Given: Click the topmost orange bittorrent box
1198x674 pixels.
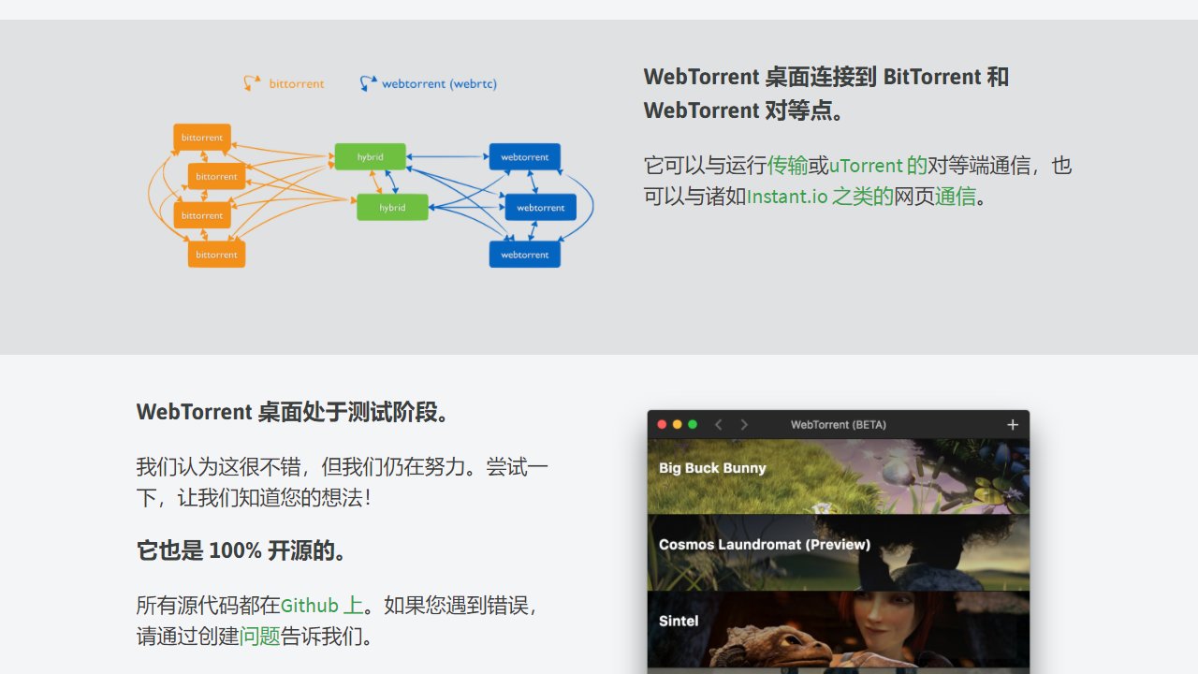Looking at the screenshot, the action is (x=202, y=138).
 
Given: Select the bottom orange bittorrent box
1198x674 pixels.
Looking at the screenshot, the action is (x=216, y=255).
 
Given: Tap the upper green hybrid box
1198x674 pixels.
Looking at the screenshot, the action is (x=370, y=156).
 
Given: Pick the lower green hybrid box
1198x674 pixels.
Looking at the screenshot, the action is (x=392, y=208).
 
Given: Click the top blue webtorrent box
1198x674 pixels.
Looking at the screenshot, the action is (x=525, y=156).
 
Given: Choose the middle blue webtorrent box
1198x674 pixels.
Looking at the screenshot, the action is (x=541, y=208).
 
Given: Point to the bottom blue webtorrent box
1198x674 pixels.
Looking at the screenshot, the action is (x=525, y=255).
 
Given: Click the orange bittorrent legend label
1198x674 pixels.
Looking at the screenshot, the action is (x=297, y=83).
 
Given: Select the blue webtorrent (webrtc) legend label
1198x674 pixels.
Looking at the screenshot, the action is (x=439, y=84).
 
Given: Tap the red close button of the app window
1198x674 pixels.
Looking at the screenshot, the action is (x=662, y=424).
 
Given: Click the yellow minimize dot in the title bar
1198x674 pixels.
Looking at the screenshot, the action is (x=677, y=424).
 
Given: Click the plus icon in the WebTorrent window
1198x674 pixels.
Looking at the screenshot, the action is (x=1013, y=425).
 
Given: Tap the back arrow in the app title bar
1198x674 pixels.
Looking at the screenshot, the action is (x=718, y=425).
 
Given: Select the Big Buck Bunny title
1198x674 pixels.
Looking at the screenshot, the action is (x=712, y=468).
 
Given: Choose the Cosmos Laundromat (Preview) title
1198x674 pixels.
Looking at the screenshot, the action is (x=765, y=545).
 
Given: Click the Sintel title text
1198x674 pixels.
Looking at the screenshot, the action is (x=679, y=621).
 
